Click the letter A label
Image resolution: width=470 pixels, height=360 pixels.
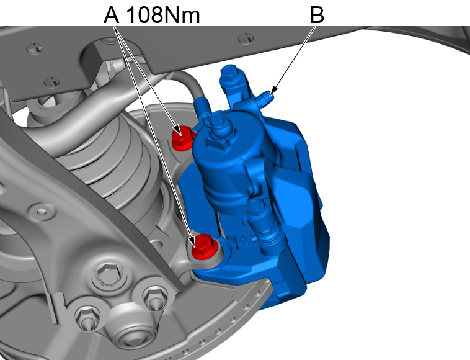[x=111, y=15]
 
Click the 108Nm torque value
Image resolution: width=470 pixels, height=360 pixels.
[x=163, y=15]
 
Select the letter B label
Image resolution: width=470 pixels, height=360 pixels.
[x=317, y=15]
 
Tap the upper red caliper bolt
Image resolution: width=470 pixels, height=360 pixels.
[x=182, y=138]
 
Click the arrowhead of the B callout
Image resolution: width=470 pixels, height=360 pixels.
[x=272, y=92]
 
